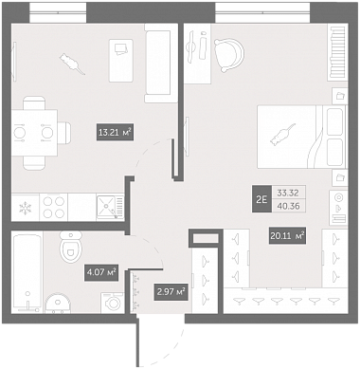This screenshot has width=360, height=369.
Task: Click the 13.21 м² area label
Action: pos(115,133)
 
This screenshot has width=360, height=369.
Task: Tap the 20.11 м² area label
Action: pos(287,235)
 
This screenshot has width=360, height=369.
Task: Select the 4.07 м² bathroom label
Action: pos(101,272)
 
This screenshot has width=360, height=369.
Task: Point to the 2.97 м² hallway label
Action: pos(171,291)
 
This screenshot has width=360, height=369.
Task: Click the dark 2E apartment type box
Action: pos(261,199)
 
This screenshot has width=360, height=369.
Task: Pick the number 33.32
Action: pos(287,193)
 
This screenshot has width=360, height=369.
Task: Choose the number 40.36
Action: pos(288,206)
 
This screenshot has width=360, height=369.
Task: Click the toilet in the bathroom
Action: pos(71,247)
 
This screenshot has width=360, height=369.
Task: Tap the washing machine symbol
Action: pos(113,303)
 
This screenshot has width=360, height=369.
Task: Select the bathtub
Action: pos(27,272)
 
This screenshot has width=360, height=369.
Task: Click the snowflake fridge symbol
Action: pos(26,208)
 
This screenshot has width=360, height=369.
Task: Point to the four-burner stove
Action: pos(53,208)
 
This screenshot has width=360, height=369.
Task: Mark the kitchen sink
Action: pos(110,208)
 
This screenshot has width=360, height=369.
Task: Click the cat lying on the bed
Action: pos(282,135)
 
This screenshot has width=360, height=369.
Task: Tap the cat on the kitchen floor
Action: pos(72,64)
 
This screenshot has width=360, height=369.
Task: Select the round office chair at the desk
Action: pos(229,55)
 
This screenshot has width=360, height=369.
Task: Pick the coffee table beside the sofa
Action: pos(121,61)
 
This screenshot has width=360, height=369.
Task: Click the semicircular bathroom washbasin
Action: pos(58,304)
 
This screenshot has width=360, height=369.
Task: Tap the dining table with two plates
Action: pos(34,133)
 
